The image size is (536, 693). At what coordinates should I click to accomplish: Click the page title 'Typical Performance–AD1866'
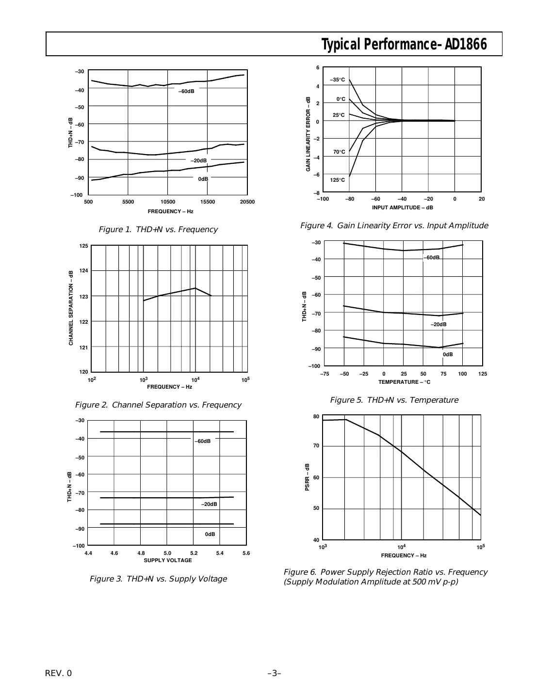[404, 45]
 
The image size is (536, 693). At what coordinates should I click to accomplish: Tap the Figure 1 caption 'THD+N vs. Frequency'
[158, 230]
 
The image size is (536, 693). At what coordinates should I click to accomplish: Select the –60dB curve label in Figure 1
[186, 92]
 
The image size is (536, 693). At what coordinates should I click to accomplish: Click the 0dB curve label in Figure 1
[203, 179]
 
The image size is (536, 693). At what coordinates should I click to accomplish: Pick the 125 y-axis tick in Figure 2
[83, 246]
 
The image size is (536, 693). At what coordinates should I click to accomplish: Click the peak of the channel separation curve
[195, 288]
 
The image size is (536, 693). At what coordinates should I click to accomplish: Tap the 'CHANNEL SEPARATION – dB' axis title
[71, 308]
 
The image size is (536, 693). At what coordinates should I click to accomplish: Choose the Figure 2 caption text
[158, 405]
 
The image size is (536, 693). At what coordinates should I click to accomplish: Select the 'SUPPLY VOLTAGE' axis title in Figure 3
[168, 560]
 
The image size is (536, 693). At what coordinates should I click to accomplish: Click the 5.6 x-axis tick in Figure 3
[246, 553]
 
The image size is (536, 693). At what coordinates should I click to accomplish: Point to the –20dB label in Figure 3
[209, 504]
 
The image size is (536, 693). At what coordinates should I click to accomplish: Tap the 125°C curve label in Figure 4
[338, 180]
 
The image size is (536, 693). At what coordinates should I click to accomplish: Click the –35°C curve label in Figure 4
[338, 79]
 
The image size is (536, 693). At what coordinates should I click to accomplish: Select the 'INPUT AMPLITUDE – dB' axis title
[402, 207]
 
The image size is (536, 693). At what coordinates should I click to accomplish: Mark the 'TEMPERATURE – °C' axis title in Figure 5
[404, 382]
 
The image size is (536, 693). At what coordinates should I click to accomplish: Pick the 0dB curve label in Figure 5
[448, 355]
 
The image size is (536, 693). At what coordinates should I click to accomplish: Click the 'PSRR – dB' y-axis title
[307, 477]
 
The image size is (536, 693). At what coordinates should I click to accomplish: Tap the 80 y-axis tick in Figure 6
[316, 416]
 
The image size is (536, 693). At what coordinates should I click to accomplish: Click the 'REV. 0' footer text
[58, 673]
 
